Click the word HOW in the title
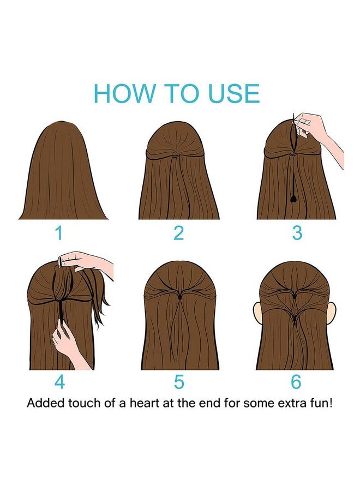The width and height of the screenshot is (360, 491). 124,93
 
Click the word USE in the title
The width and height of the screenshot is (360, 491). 234,93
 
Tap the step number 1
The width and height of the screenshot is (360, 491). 58,233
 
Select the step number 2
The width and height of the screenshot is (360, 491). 178,233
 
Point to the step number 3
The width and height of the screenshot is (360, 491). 297,233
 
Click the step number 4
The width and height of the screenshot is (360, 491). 59,382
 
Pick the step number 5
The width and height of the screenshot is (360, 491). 179,382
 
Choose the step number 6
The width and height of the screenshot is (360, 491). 296,382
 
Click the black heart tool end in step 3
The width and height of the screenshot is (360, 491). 293,199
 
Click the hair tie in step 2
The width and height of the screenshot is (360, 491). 177,155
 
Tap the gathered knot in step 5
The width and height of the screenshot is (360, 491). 180,296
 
